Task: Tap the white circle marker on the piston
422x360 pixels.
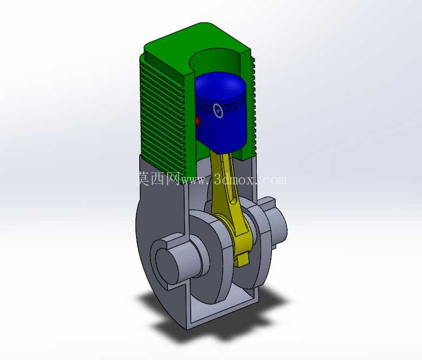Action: pos(218,111)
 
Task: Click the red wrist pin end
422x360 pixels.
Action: pos(198,121)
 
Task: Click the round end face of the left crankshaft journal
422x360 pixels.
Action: pos(167,265)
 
